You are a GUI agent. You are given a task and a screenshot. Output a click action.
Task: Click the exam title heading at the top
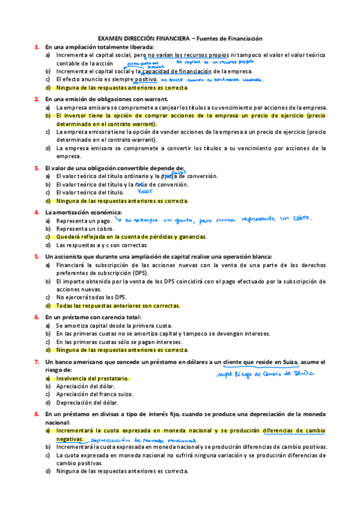point(180,38)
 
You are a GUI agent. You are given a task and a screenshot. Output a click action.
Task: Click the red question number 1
point(37,47)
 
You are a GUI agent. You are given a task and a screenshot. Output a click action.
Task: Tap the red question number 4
point(37,212)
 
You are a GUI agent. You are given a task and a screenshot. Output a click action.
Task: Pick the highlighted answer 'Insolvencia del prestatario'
point(92,379)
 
